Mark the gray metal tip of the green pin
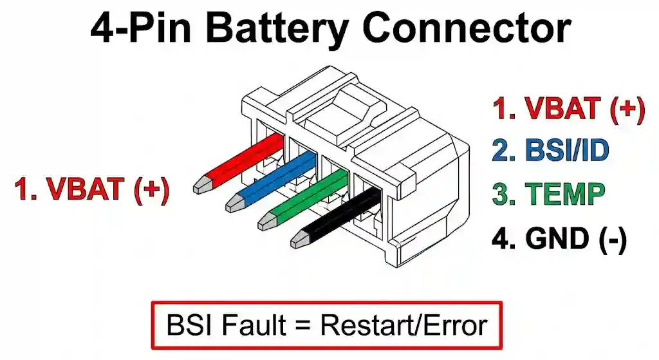(266, 222)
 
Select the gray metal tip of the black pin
(299, 240)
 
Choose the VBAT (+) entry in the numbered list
(568, 109)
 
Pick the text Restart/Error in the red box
(404, 325)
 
